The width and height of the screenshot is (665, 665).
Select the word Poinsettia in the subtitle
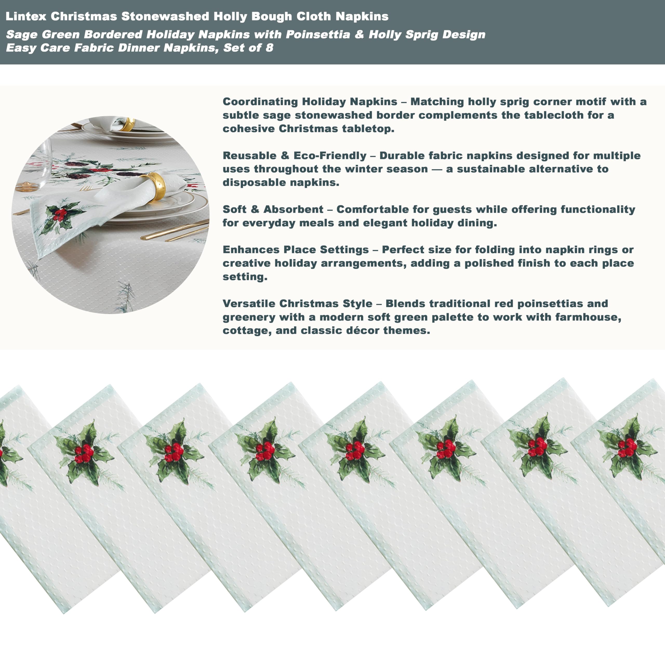click(318, 35)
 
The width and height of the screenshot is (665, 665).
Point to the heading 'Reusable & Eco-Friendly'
click(294, 156)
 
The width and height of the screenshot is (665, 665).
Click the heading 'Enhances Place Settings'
click(296, 250)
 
